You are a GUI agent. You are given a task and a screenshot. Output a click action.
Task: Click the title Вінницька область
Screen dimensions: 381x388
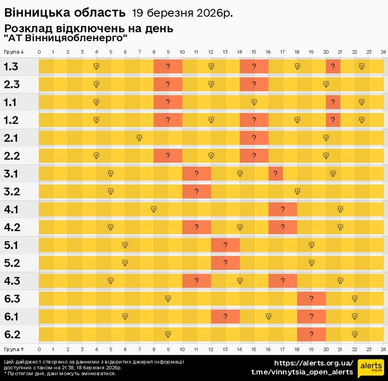coord(64,12)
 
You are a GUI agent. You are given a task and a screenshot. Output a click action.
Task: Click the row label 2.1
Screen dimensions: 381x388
coord(11,138)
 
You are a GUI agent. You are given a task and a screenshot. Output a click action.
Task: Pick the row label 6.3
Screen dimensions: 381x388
coord(12,298)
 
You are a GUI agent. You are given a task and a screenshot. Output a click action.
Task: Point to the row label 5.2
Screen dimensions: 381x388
coord(12,263)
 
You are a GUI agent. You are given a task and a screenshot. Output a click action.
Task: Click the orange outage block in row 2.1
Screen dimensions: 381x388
coord(254,138)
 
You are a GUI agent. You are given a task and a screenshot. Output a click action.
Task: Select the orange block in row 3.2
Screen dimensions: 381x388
coord(196,191)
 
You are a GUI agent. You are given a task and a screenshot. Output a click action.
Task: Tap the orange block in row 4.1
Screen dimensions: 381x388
coord(282,209)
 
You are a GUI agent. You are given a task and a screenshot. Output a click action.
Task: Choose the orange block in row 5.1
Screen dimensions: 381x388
coord(225,245)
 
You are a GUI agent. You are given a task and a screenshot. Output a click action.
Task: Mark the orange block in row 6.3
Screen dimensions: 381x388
coord(311,298)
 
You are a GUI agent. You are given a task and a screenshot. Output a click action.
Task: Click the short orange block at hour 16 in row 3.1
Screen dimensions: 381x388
coord(275,174)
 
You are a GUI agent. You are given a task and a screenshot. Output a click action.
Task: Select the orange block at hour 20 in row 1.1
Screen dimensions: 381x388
coord(333,102)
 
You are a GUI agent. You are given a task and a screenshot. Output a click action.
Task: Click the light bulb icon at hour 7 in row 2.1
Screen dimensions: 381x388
coord(139,138)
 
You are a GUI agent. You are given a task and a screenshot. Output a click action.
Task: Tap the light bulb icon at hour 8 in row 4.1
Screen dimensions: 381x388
coord(154,209)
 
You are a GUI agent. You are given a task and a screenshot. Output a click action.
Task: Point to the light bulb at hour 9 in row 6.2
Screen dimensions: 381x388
coord(168,334)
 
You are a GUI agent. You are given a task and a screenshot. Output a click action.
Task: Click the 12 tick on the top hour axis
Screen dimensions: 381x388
coord(211,51)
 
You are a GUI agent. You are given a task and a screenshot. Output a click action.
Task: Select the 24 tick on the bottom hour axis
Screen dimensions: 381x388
coord(383,348)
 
